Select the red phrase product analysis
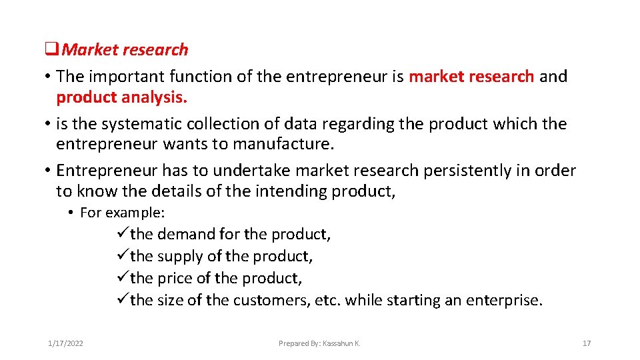click(x=122, y=97)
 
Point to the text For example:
click(x=122, y=213)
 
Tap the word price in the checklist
click(x=173, y=279)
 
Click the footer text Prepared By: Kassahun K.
click(x=319, y=343)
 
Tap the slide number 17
click(x=587, y=343)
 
